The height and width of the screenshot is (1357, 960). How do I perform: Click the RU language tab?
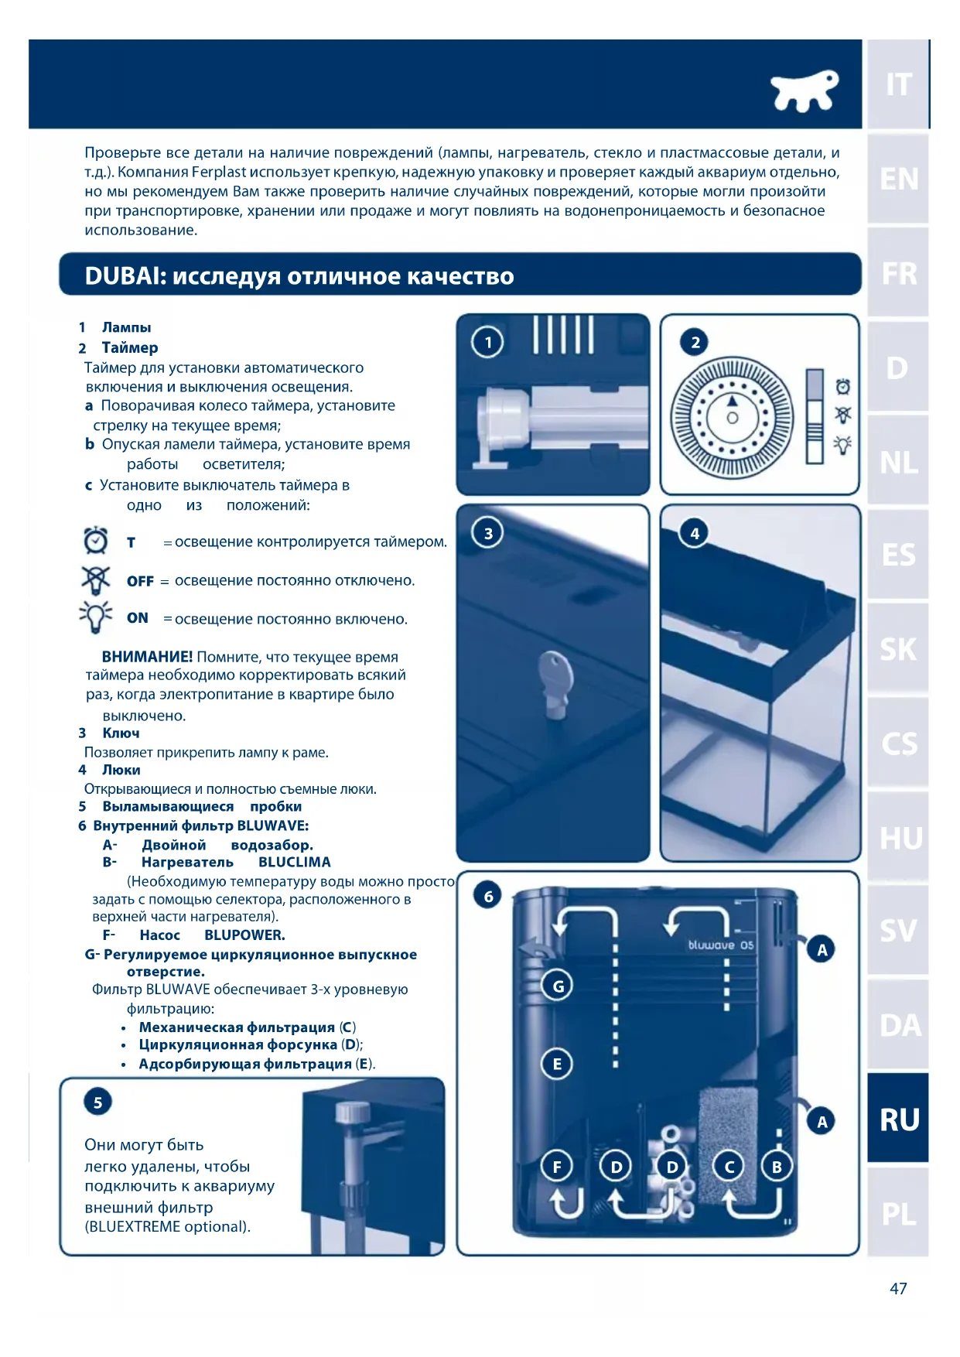898,1119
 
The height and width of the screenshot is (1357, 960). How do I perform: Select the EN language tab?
898,179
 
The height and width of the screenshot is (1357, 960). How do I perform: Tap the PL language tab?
898,1213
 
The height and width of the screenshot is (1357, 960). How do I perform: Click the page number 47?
897,1288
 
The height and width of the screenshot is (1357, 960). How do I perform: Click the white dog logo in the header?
805,90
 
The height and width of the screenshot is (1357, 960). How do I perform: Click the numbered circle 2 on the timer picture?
695,342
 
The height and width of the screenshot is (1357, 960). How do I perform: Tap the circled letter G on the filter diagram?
558,986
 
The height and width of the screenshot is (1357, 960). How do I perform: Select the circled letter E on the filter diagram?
557,1064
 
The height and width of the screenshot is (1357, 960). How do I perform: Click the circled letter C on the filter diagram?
728,1166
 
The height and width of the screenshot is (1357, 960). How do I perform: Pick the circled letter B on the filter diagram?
777,1166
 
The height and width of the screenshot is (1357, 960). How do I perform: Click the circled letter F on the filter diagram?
557,1166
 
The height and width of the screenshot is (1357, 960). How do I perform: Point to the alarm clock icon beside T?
96,540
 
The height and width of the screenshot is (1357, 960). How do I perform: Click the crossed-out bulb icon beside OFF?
96,579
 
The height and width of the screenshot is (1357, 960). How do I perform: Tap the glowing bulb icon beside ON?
96,617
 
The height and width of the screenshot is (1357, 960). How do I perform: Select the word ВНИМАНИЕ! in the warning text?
147,657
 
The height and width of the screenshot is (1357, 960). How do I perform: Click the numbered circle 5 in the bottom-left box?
97,1102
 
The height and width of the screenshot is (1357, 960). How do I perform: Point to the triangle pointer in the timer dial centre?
732,402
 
